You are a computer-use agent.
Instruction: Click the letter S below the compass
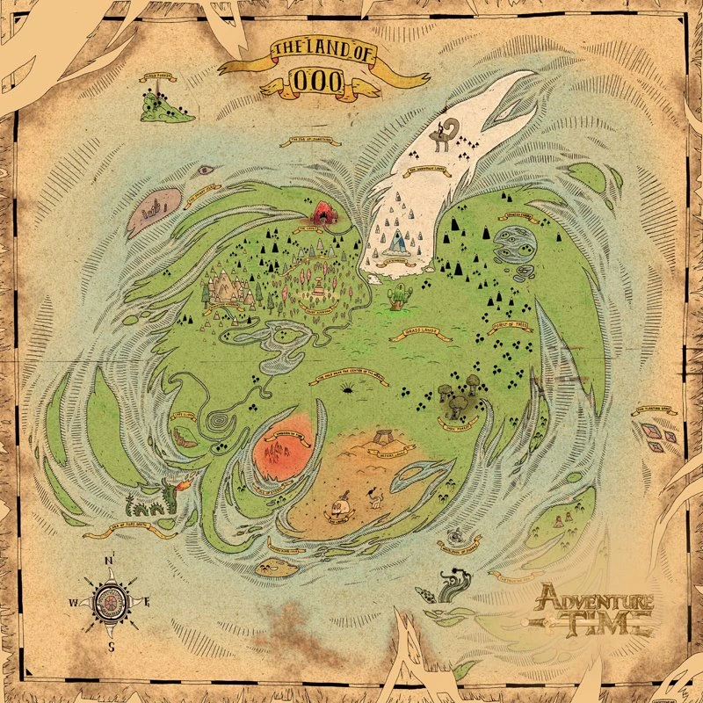111,646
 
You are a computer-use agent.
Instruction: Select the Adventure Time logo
596,610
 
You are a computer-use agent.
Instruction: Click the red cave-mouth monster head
323,212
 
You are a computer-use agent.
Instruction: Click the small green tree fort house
400,294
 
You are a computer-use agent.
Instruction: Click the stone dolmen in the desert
385,437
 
